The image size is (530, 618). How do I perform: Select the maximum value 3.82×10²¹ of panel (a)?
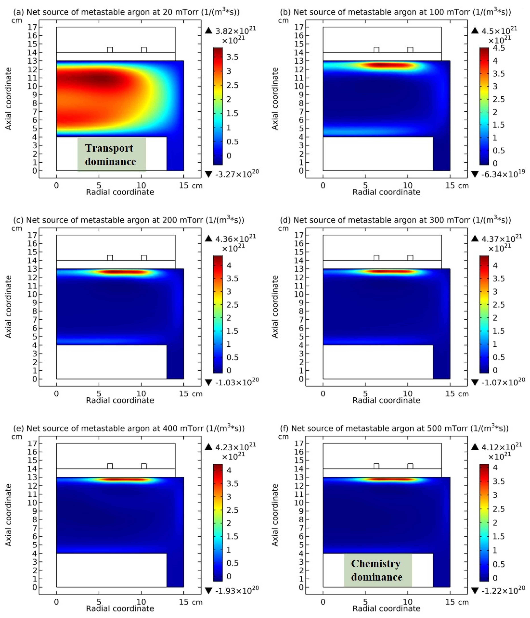[x=235, y=31]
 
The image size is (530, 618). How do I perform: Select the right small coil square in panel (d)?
[x=410, y=258]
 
